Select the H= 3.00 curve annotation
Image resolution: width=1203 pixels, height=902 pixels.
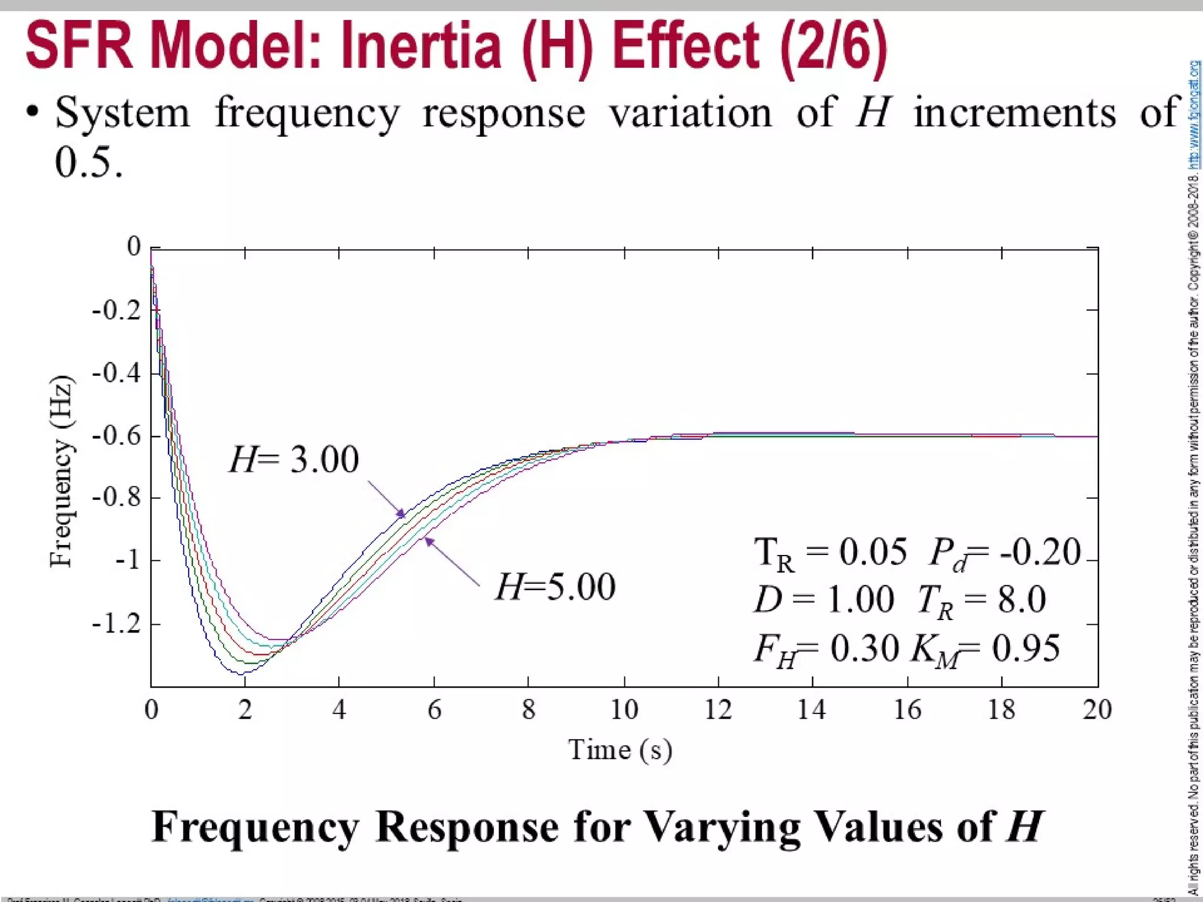[294, 459]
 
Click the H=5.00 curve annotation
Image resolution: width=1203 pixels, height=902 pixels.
[555, 586]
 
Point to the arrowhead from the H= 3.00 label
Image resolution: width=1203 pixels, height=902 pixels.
[401, 514]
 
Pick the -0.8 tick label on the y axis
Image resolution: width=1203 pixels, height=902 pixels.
[117, 497]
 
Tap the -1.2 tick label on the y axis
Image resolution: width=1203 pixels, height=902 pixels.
[117, 623]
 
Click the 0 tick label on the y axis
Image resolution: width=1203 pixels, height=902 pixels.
[134, 246]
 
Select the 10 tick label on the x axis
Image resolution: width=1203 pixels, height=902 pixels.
[624, 710]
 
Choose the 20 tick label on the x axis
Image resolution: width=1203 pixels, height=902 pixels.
[1097, 710]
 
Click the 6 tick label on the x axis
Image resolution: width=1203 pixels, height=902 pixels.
[434, 710]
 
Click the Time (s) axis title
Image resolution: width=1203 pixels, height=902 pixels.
[620, 750]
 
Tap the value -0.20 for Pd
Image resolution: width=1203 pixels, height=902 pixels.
[1040, 552]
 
